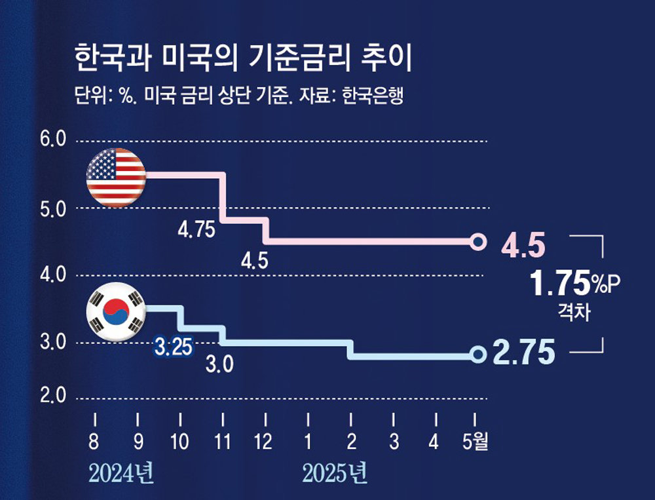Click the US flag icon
point(116,178)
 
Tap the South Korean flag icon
point(116,312)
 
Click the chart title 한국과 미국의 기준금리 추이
point(243,60)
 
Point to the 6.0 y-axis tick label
point(53,140)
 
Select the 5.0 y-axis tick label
point(53,209)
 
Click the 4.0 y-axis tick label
point(53,275)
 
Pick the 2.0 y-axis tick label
point(53,397)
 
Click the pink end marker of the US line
point(479,241)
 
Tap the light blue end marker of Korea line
point(479,355)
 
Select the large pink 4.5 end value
point(523,246)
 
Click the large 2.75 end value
point(524,352)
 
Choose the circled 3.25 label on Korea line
point(173,346)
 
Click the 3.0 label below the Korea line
point(219,364)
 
